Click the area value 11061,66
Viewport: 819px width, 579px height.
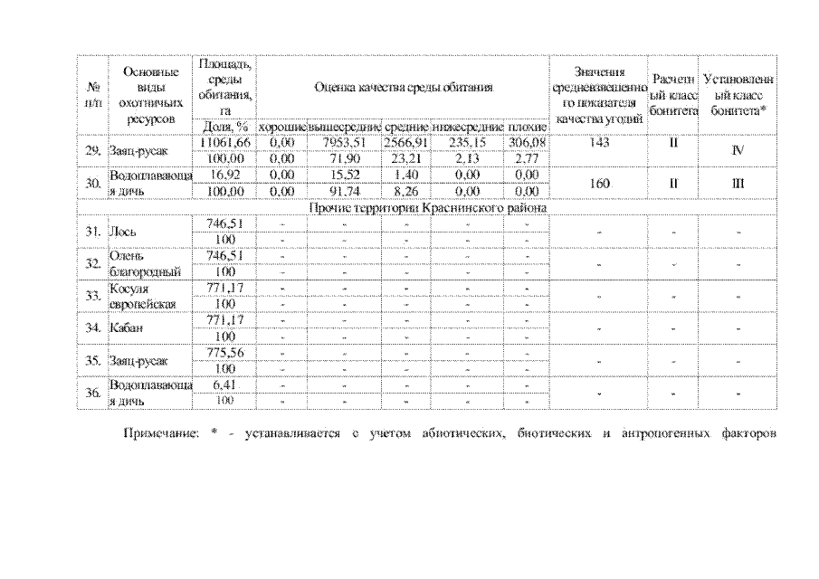[223, 143]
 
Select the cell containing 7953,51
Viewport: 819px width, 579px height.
[344, 143]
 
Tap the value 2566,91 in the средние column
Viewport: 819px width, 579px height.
[405, 143]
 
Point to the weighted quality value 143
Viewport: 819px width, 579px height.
[597, 143]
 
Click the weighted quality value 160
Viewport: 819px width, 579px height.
[597, 183]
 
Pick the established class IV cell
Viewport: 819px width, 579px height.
[738, 151]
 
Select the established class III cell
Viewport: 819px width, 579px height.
[738, 183]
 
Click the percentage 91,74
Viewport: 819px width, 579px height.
[344, 192]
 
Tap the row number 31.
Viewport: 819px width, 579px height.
[92, 232]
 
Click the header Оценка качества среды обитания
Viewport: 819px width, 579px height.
[403, 88]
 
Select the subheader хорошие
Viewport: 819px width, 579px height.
[281, 127]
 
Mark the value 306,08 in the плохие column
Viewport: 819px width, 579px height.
[526, 143]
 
